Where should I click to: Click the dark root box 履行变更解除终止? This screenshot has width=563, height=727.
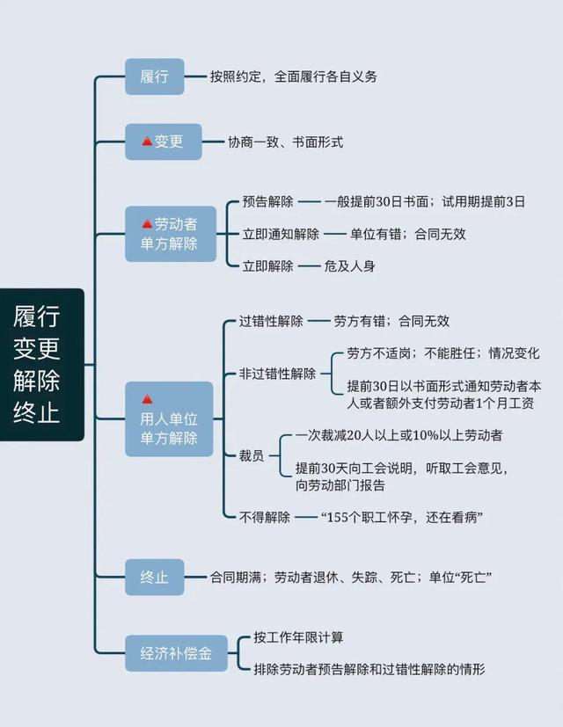(42, 364)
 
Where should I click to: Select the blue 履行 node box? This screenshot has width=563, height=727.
(154, 76)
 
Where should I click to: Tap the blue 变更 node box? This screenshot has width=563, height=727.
(163, 142)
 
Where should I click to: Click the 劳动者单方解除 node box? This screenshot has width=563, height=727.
(170, 233)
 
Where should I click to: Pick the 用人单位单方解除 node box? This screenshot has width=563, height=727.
(168, 418)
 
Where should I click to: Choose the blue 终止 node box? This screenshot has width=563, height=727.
(154, 578)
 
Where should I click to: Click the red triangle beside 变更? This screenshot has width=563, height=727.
(147, 142)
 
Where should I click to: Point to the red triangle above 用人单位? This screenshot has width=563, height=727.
(148, 399)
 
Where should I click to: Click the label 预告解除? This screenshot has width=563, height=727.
(267, 201)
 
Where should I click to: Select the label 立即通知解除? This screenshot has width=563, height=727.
(281, 234)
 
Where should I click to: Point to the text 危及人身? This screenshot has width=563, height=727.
(349, 265)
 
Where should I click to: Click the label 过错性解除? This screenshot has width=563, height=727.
(271, 322)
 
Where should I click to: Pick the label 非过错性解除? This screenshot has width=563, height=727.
(277, 374)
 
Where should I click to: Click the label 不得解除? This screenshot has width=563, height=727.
(264, 517)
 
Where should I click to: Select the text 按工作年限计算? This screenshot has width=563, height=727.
(298, 636)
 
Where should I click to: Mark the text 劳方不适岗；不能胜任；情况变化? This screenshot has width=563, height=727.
(443, 353)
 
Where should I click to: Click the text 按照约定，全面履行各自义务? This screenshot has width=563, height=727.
(294, 76)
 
